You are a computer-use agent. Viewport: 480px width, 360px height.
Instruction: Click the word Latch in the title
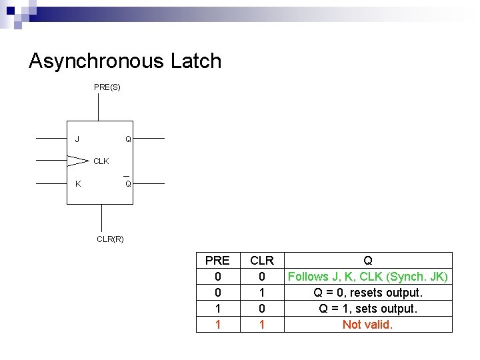195,61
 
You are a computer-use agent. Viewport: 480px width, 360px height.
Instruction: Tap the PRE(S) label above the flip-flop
107,87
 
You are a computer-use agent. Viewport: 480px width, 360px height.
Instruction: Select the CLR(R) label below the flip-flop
110,239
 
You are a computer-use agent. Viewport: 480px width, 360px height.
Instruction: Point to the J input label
77,139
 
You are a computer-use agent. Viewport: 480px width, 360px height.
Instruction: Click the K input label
78,183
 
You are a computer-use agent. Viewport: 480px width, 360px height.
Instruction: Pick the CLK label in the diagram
101,161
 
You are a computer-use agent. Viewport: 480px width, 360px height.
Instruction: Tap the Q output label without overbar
128,139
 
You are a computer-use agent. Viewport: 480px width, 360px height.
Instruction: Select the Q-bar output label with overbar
128,183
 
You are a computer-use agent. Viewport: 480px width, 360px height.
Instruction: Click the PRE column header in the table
217,261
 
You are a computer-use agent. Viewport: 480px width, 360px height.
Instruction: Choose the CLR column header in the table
262,261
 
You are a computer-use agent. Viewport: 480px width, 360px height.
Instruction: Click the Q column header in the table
367,261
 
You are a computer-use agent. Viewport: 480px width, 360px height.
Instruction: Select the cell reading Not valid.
367,325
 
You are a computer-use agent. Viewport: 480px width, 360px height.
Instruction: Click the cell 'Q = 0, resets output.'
367,293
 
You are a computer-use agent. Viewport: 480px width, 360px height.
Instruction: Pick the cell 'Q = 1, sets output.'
367,309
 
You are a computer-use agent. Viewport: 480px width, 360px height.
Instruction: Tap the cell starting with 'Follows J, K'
367,277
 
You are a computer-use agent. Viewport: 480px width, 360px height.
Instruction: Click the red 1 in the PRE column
217,325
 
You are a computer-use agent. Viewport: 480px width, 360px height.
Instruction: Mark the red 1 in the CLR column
262,325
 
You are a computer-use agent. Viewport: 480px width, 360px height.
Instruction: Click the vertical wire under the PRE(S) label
99,107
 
